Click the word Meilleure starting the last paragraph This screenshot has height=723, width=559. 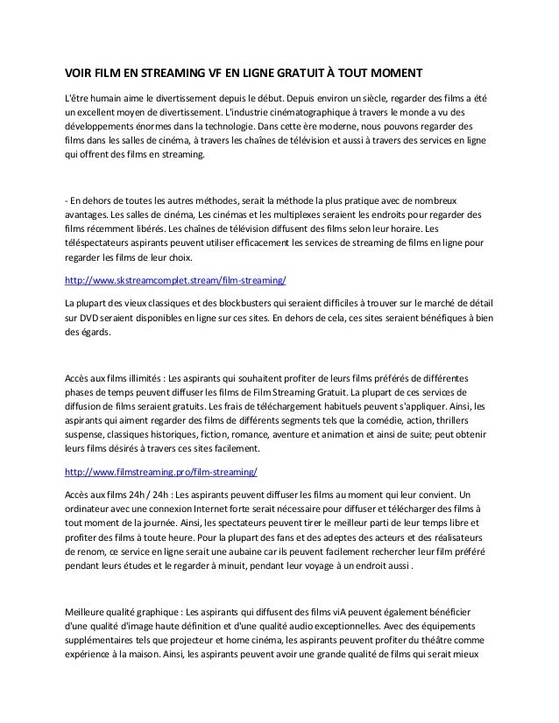(x=89, y=610)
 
